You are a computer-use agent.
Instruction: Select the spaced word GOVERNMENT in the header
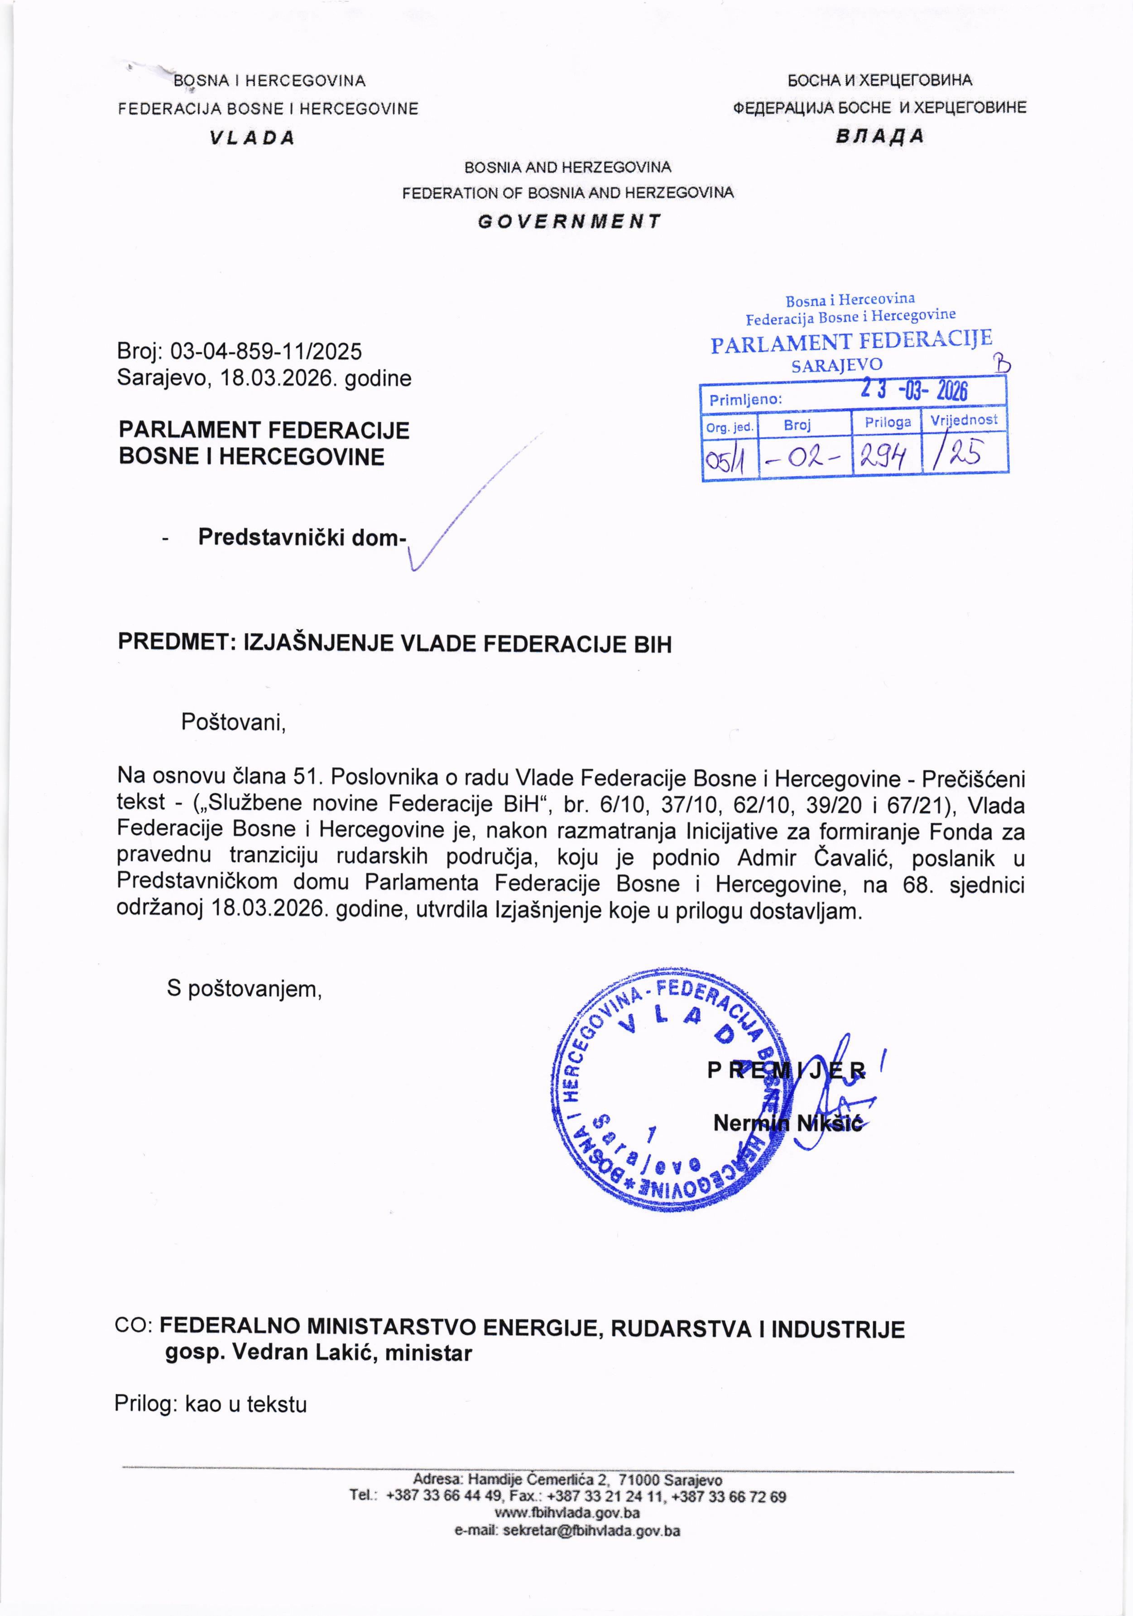coord(569,222)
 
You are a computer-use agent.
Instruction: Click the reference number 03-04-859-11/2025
coord(266,350)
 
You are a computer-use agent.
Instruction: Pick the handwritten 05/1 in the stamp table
coord(728,460)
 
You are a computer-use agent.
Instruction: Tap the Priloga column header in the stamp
coord(887,422)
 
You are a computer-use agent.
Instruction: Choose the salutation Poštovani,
coord(234,722)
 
